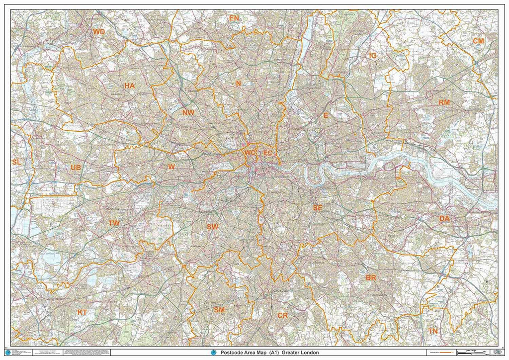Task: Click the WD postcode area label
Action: click(x=99, y=32)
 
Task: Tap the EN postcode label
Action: click(x=234, y=18)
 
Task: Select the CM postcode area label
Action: click(x=478, y=41)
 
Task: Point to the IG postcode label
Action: click(x=372, y=56)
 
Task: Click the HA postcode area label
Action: click(x=130, y=86)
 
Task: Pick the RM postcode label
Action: click(x=444, y=102)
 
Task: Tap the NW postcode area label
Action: click(x=188, y=112)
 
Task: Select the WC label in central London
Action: click(x=250, y=153)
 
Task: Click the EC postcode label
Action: click(x=267, y=153)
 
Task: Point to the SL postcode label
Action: click(x=16, y=162)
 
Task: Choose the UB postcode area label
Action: click(x=76, y=168)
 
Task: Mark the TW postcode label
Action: click(x=114, y=223)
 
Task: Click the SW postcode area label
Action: click(x=212, y=227)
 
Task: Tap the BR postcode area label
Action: click(x=371, y=277)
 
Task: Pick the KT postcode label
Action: click(x=82, y=312)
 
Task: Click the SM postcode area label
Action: click(x=219, y=309)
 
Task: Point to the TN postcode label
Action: click(x=433, y=331)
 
